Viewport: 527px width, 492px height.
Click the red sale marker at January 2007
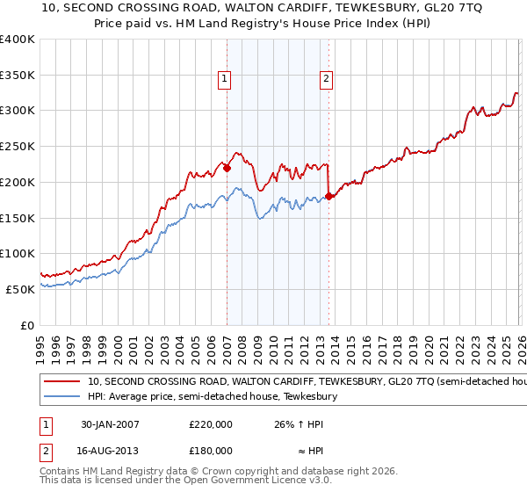[227, 167]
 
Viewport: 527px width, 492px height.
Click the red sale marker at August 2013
[328, 196]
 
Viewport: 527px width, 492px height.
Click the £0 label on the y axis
[27, 325]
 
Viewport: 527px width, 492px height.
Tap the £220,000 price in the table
[211, 423]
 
